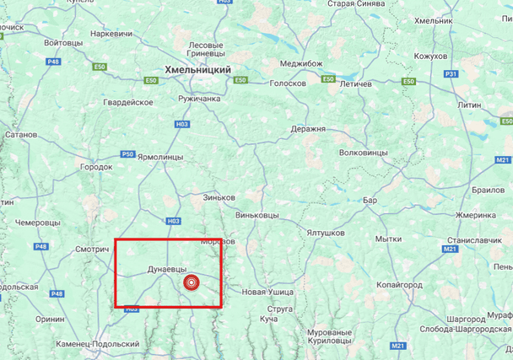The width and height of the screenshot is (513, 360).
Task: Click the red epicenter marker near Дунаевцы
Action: pos(191,282)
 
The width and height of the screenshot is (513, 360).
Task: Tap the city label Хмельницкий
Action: pos(198,71)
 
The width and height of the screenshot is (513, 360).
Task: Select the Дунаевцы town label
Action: pos(167,269)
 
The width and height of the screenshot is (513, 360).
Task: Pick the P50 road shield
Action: pos(127,153)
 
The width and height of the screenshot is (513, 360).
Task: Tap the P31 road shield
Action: pos(451,74)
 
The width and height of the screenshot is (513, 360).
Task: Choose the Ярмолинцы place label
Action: pos(160,157)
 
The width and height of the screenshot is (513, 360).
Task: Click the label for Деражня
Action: pos(308,129)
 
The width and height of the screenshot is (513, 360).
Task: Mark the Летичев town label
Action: pos(355,84)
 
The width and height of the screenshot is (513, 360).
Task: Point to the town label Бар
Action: pos(370,201)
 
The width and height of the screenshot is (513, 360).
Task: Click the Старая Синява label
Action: pos(356,4)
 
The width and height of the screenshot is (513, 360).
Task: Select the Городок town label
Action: pos(95,167)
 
